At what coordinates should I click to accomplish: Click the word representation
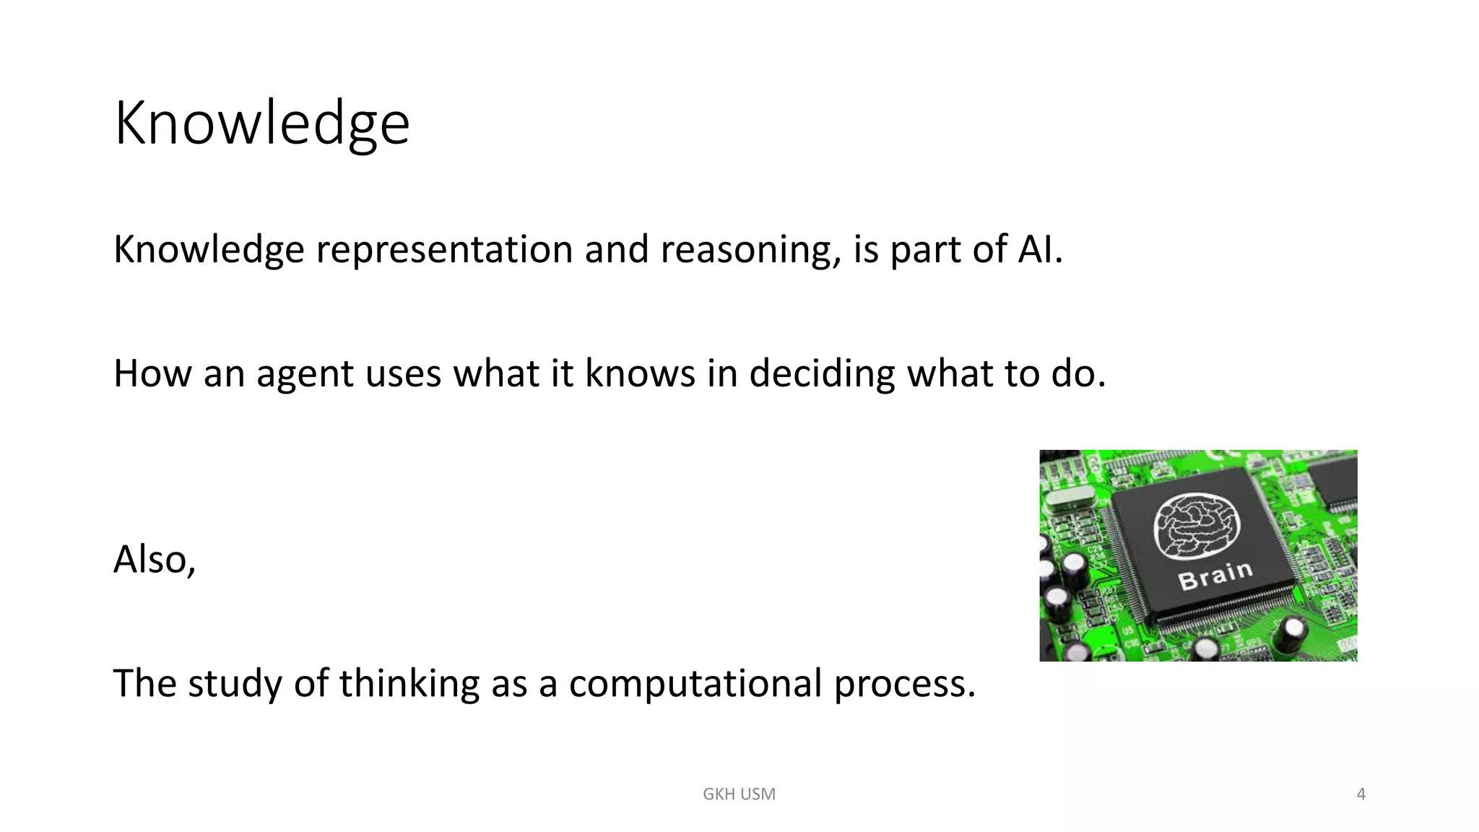(444, 250)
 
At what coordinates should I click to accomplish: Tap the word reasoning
(750, 250)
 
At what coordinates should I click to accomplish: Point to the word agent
(305, 374)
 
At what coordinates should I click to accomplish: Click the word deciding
(822, 374)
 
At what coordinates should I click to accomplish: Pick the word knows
(640, 374)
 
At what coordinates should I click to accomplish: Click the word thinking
(409, 684)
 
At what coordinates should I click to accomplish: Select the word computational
(695, 684)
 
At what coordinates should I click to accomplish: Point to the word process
(904, 684)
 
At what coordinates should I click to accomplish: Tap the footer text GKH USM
(739, 794)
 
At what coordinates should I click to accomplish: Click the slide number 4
(1361, 794)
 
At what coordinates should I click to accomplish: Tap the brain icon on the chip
(1196, 525)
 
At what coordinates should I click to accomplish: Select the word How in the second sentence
(152, 374)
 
